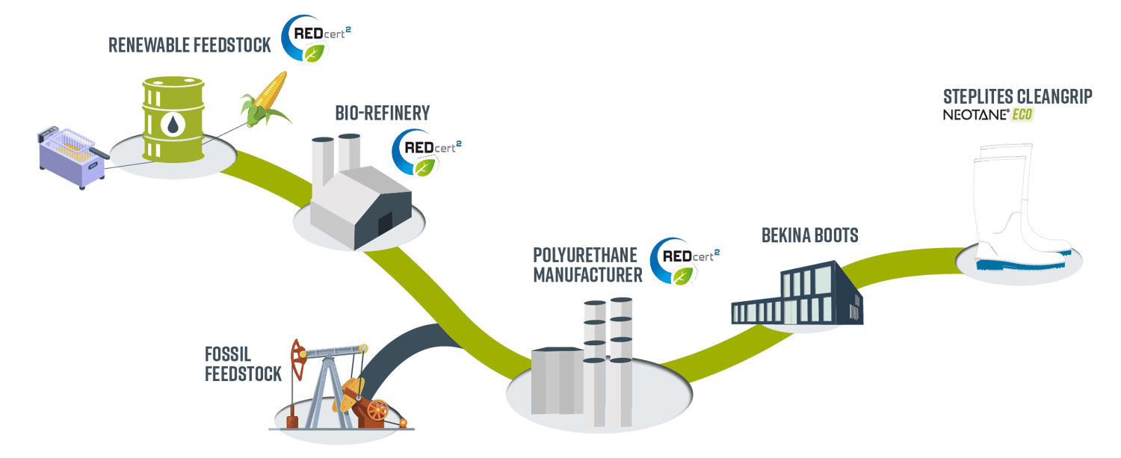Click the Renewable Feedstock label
[189, 45]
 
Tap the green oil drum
[173, 120]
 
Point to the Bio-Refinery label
[383, 114]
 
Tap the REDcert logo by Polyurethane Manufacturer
[682, 262]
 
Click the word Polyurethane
[584, 255]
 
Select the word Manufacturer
[587, 275]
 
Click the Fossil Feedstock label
[244, 363]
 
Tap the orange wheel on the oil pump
[378, 410]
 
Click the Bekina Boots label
[809, 236]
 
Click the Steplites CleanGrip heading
[1017, 96]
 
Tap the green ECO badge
[1022, 115]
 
